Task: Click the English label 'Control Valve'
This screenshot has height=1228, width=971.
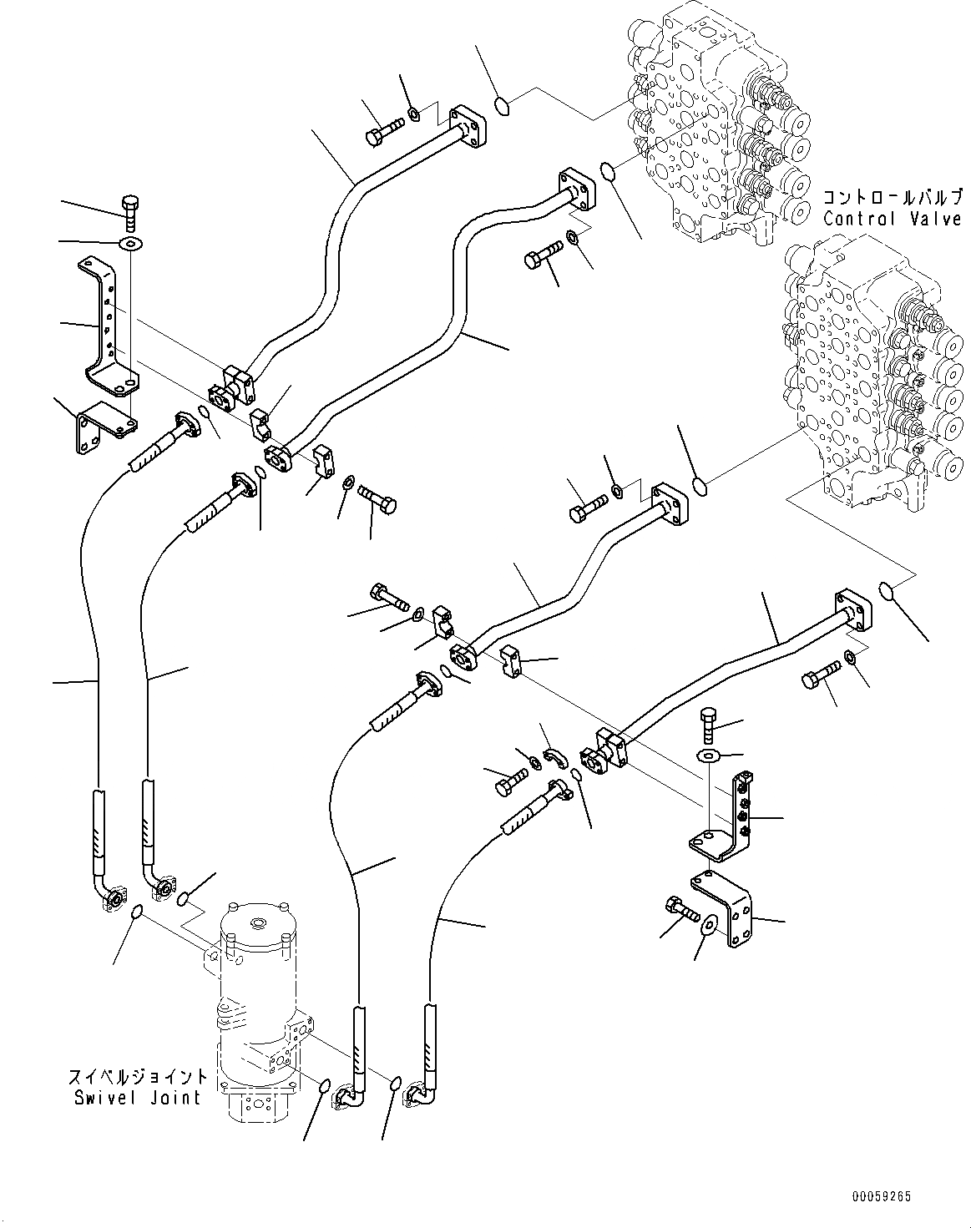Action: coord(892,219)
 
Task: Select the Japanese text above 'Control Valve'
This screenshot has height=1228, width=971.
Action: coord(892,198)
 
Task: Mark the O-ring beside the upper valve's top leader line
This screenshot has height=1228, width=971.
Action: coord(503,105)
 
